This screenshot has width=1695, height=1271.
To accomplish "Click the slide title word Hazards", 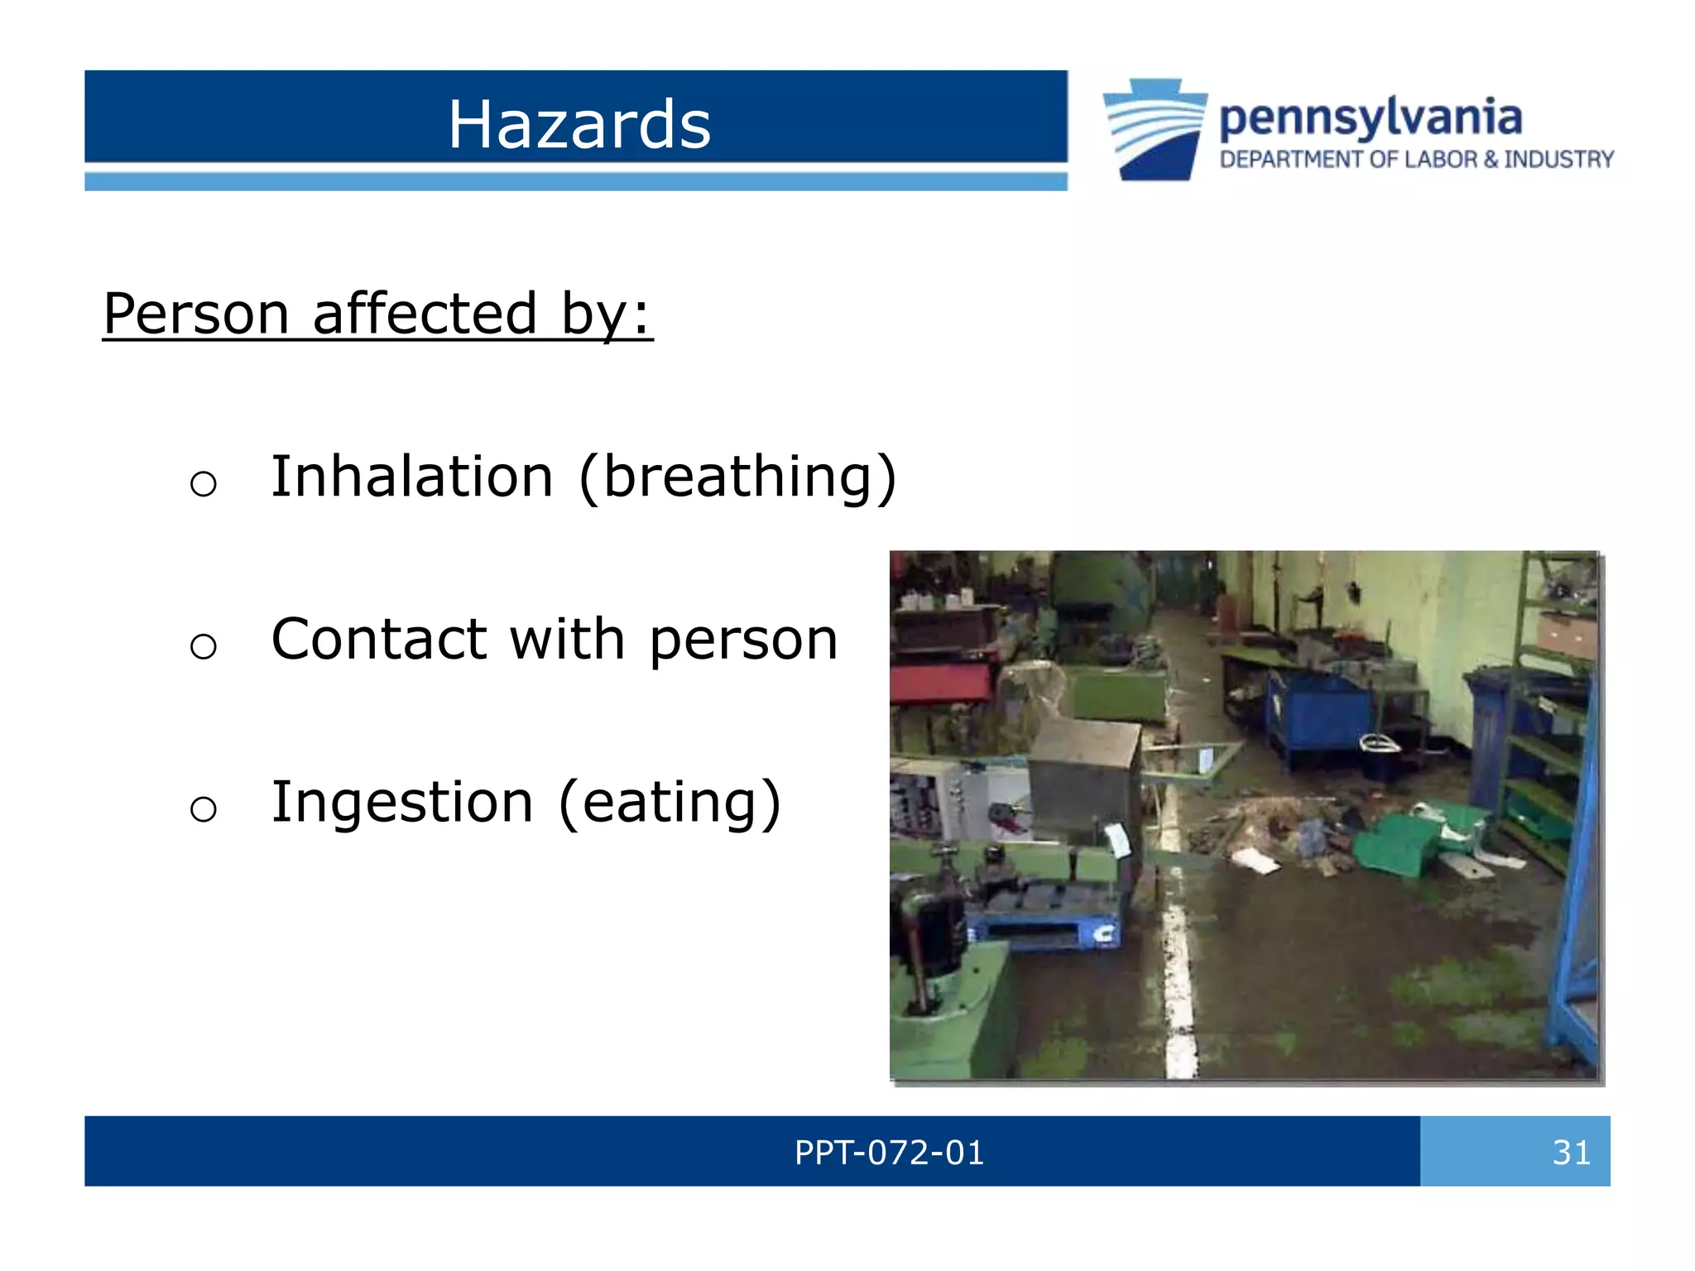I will coord(579,124).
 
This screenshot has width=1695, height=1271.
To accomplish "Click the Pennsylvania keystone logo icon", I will coord(1155,129).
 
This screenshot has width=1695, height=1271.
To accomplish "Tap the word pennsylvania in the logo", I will coord(1370,118).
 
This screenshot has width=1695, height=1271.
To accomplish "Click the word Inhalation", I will coord(411,477).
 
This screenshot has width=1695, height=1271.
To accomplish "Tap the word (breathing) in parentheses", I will coord(737,477).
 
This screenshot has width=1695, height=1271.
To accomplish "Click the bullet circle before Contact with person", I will coord(203,645).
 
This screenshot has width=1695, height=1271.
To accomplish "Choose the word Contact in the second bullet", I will coord(378,640).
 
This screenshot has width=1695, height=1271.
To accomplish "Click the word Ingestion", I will coord(402,803).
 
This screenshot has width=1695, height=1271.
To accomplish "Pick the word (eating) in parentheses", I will coord(670,803).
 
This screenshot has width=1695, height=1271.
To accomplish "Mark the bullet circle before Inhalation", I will coord(203,483).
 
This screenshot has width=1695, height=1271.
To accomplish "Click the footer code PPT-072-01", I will coord(889,1152).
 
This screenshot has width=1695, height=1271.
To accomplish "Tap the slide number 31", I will coord(1571,1152).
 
